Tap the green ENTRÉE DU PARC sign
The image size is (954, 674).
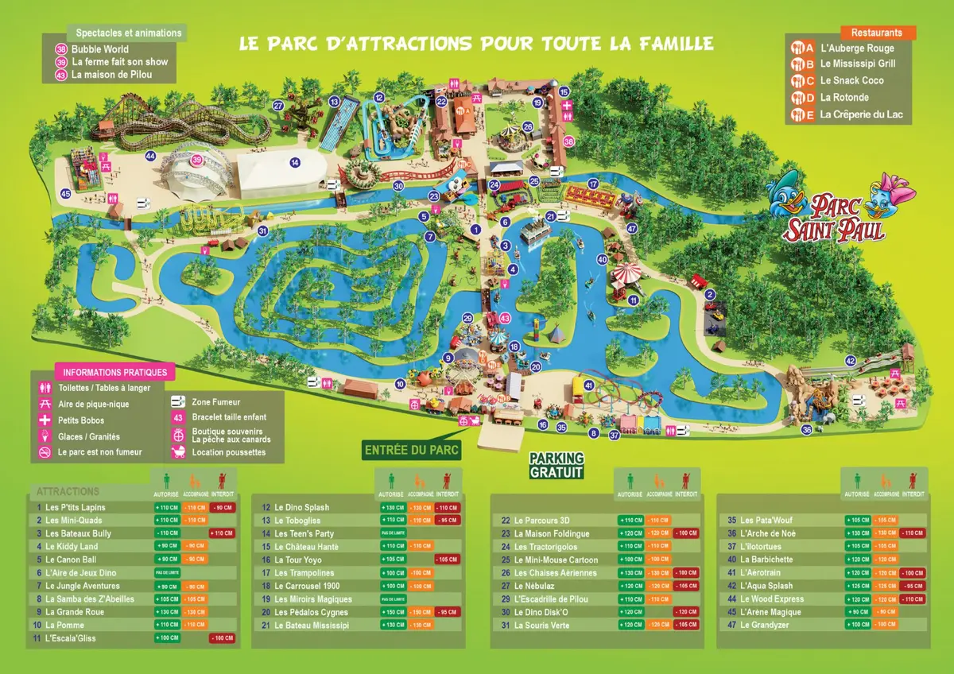(412, 450)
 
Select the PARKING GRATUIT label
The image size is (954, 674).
(556, 466)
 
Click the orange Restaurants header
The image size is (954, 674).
(877, 33)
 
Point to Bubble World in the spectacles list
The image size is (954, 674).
(99, 49)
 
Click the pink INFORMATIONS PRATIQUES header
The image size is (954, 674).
(115, 372)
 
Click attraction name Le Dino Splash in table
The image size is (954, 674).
(301, 507)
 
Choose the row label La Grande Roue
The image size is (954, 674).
(75, 612)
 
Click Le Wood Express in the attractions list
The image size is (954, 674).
(771, 599)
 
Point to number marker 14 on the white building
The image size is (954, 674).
(295, 163)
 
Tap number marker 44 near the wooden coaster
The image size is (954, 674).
(150, 156)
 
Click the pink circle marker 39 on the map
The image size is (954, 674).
(196, 160)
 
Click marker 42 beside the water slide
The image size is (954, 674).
(850, 362)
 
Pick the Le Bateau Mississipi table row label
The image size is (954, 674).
(311, 626)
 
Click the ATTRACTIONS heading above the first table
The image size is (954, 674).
(68, 492)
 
